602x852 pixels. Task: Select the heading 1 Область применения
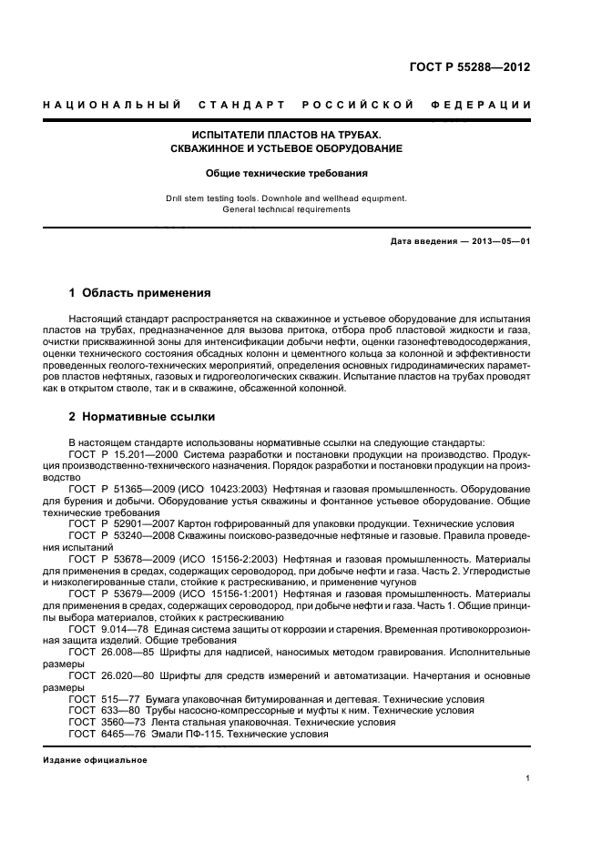click(x=140, y=293)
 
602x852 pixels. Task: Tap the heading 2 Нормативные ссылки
click(x=142, y=418)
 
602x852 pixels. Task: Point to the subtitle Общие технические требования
click(x=286, y=171)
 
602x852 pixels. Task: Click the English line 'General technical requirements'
click(x=286, y=208)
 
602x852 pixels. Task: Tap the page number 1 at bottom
click(x=527, y=779)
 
